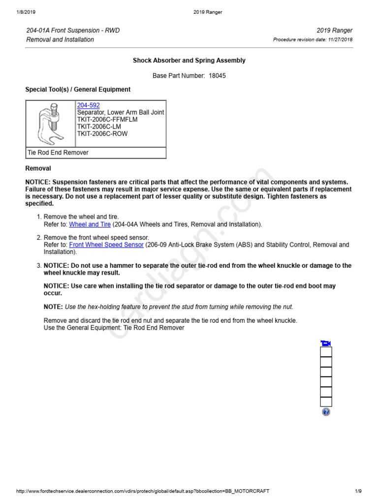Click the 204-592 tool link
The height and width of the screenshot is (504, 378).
coord(88,105)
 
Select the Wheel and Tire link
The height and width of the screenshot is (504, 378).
coord(90,224)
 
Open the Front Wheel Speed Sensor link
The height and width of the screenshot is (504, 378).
coord(106,245)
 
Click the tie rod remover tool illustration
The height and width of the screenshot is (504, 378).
coord(50,123)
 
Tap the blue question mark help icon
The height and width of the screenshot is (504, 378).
coord(326,412)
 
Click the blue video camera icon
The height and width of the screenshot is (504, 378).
coord(325,343)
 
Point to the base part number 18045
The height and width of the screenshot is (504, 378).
coord(217,76)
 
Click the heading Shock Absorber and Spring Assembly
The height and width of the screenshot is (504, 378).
coord(189,61)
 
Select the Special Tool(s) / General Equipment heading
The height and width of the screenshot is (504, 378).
coord(78,90)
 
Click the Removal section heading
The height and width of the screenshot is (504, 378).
coord(38,168)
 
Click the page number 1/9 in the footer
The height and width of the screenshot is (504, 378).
coord(358,491)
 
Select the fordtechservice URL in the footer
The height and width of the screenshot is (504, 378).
coord(143,491)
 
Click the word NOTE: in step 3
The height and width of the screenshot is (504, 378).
coord(53,307)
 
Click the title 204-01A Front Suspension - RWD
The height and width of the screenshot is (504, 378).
coord(73,31)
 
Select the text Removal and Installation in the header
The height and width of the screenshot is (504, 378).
coord(60,39)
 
